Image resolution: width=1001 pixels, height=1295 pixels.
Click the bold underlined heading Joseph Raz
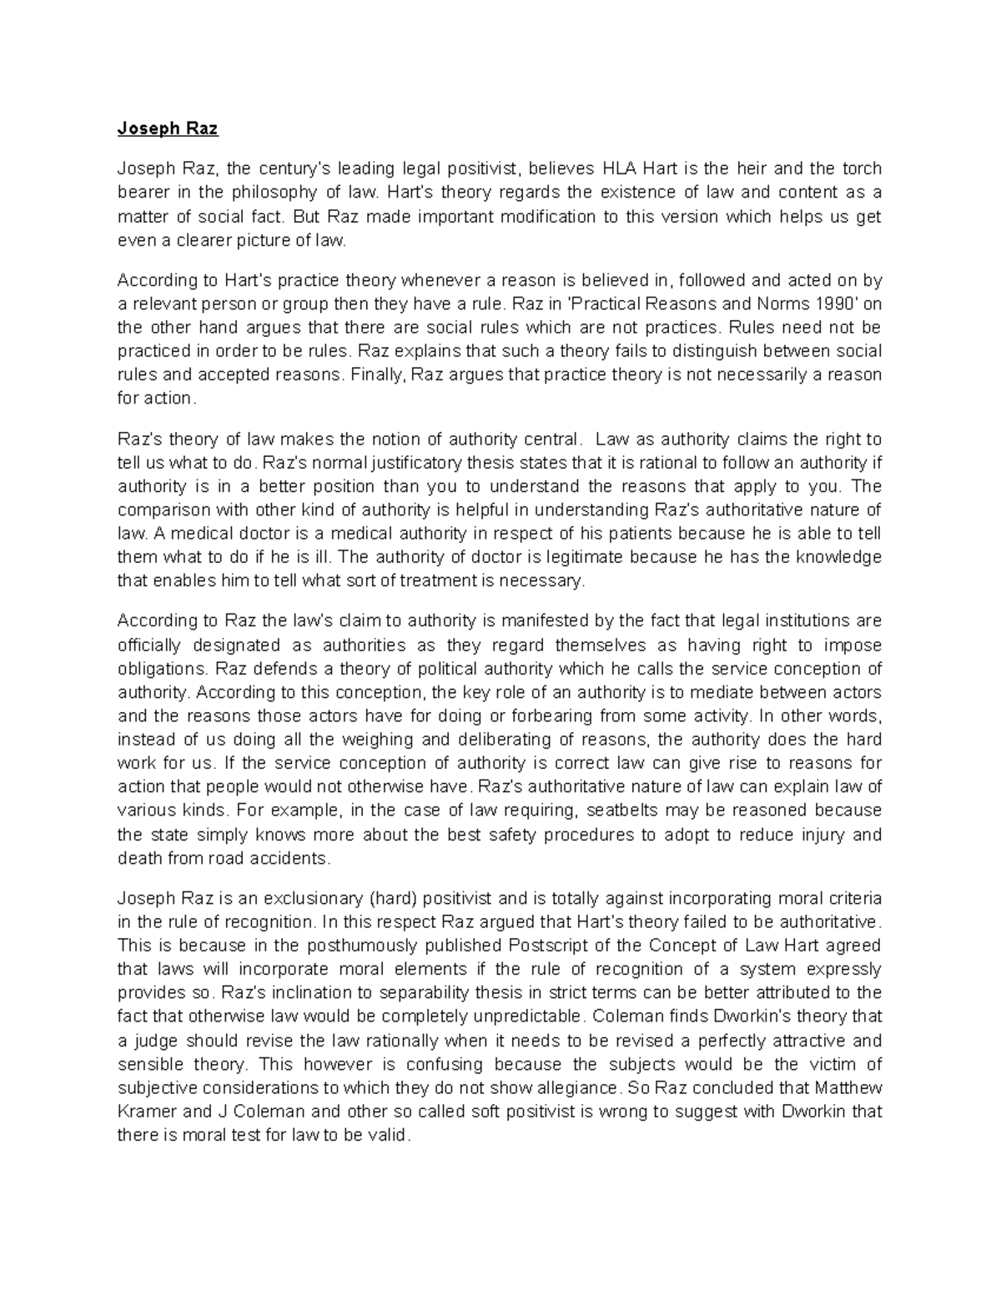(x=168, y=128)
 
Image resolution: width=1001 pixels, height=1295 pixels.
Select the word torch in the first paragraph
(x=860, y=168)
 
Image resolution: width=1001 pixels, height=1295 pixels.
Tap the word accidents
(x=288, y=858)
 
